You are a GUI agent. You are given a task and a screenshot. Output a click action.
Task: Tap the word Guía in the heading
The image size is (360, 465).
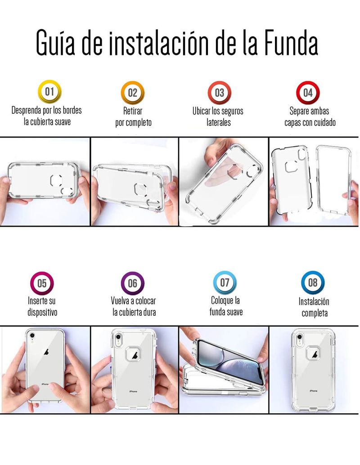click(x=55, y=42)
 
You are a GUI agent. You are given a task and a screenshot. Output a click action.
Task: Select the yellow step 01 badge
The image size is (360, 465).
click(x=49, y=91)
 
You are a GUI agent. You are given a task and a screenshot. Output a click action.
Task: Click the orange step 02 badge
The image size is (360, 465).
click(x=133, y=93)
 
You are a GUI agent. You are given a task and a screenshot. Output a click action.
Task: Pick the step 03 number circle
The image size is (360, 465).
click(x=219, y=93)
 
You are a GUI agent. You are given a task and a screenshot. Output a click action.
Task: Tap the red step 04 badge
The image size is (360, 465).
click(x=308, y=93)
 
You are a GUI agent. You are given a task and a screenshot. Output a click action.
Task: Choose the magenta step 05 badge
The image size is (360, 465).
click(x=42, y=283)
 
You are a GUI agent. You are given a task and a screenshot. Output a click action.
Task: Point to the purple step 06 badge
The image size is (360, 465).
click(x=133, y=283)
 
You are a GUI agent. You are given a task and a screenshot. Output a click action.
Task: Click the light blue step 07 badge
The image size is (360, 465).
click(x=225, y=282)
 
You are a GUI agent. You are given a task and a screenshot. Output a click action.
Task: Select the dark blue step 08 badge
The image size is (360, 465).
click(x=313, y=282)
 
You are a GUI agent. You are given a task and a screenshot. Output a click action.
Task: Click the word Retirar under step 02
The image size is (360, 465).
click(x=133, y=111)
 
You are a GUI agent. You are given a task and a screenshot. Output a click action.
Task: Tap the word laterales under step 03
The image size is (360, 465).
click(x=219, y=122)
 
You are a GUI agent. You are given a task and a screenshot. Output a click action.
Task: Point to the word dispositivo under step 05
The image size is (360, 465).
click(x=42, y=312)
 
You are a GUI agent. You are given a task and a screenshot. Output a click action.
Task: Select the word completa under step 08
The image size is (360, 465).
click(x=315, y=313)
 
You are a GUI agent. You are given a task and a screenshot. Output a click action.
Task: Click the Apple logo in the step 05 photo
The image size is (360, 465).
click(x=46, y=352)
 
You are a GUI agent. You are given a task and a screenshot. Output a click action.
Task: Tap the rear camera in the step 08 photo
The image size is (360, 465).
click(x=299, y=337)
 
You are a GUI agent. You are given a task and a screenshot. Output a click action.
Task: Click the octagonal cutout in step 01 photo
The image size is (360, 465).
click(x=56, y=180)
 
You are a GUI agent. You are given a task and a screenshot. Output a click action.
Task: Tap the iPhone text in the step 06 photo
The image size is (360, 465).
click(x=133, y=391)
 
